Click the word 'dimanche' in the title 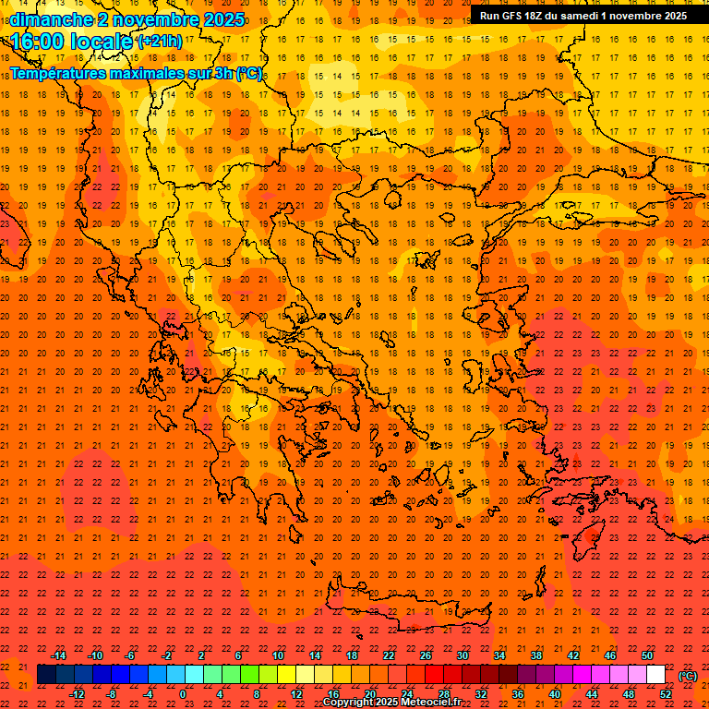pos(51,19)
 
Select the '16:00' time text pos(38,42)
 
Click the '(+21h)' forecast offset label pos(159,42)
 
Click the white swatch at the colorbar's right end pos(655,675)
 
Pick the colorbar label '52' pos(665,693)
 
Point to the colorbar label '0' pos(183,693)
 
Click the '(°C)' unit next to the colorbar pos(688,676)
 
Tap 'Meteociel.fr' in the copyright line pos(430,703)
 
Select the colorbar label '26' pos(426,655)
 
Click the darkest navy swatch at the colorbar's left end pos(46,675)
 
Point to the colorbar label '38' pos(535,655)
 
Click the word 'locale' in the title pos(102,42)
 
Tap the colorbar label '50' pos(647,655)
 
